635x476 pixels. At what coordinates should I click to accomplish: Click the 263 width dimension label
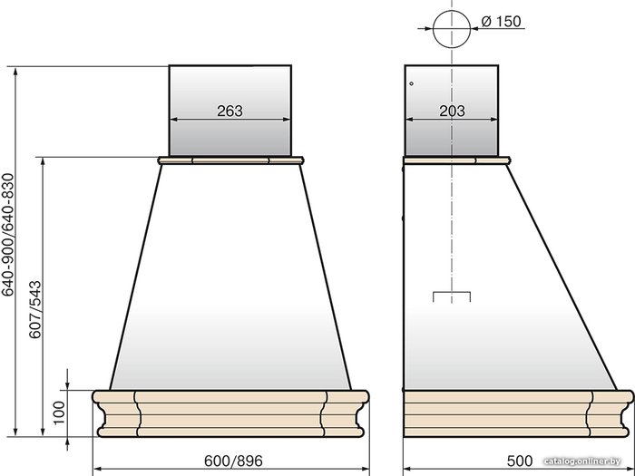pos(230,111)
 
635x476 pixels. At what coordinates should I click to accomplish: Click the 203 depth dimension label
pos(453,111)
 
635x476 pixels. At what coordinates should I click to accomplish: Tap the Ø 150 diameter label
pos(502,21)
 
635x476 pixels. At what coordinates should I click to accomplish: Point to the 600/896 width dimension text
pos(233,461)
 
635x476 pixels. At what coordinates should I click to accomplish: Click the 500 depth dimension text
pos(520,461)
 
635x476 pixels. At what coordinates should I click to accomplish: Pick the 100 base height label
pos(60,413)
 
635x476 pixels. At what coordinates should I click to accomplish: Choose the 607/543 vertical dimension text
pos(35,309)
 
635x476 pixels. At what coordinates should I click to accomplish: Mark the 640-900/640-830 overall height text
pos(8,235)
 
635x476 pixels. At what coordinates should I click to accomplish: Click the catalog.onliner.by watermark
pos(582,461)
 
